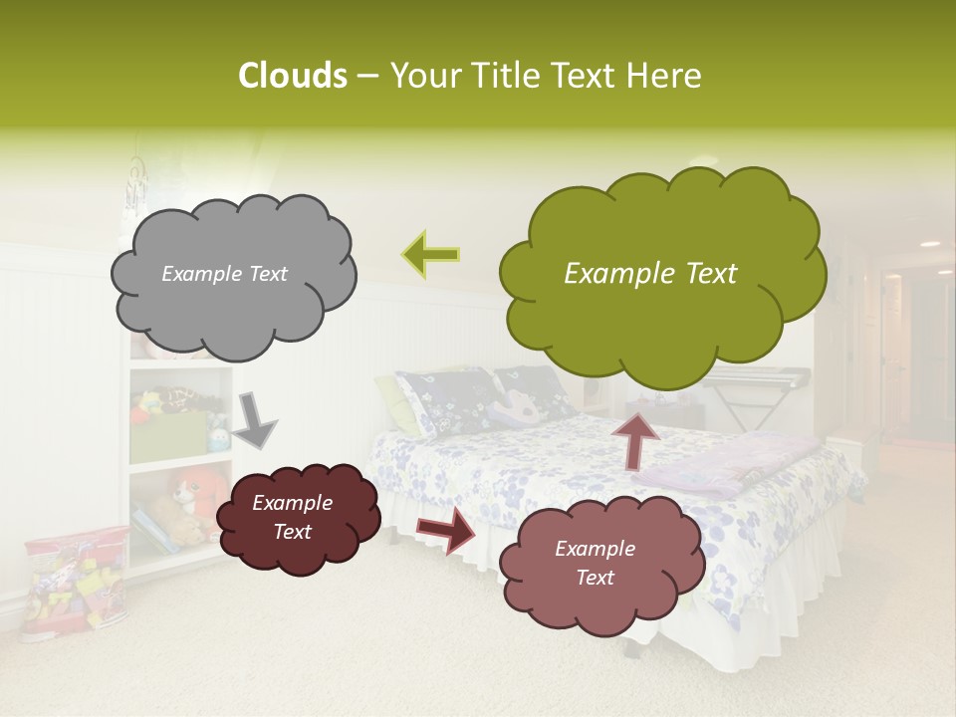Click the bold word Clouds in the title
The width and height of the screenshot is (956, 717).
click(292, 76)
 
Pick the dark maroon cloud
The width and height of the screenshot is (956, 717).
click(298, 517)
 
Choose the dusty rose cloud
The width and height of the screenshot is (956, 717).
click(595, 563)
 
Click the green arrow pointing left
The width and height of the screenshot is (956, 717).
click(430, 254)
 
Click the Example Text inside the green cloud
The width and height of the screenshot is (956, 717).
click(650, 274)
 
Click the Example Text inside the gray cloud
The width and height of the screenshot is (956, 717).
click(224, 274)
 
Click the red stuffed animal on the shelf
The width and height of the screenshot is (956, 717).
click(198, 490)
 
